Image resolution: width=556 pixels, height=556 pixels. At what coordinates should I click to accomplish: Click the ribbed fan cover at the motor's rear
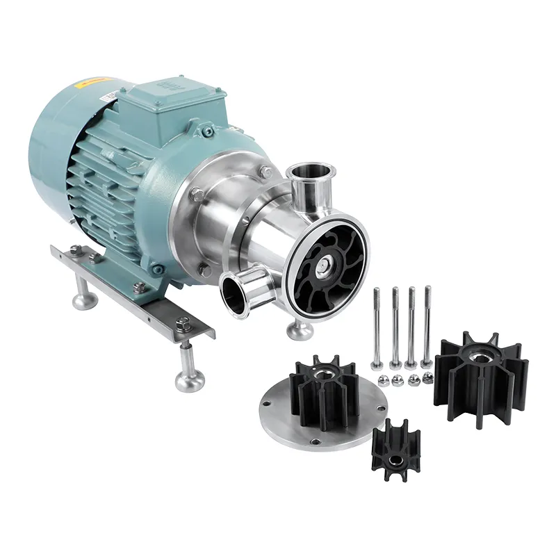point(52,167)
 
